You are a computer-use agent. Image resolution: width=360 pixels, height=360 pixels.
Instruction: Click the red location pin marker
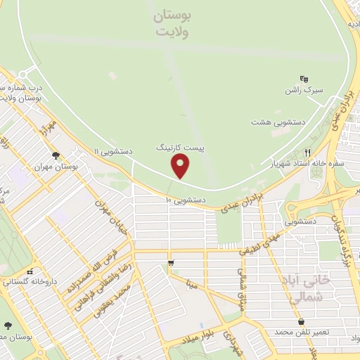click(x=181, y=166)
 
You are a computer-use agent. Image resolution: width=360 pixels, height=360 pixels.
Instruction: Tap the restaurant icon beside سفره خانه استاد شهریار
click(x=307, y=153)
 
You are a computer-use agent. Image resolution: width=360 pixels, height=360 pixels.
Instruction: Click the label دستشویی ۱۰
click(x=185, y=200)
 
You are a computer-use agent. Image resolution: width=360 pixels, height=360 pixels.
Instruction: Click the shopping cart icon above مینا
click(x=171, y=264)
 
